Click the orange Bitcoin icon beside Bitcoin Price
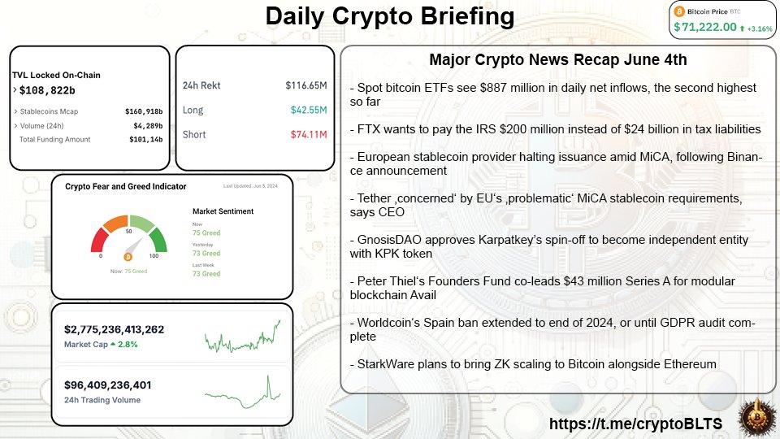point(681,11)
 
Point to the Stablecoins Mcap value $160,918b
point(144,111)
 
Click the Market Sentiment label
point(223,211)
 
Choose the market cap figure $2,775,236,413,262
point(114,329)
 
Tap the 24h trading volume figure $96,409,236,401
point(108,385)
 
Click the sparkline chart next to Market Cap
point(242,336)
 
